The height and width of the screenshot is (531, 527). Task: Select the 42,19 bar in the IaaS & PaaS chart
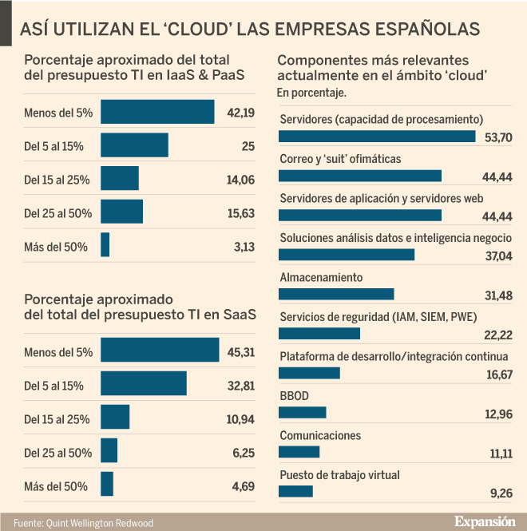click(x=157, y=112)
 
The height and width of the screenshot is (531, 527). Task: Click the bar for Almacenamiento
click(x=336, y=294)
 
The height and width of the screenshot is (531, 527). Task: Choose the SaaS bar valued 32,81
click(x=144, y=384)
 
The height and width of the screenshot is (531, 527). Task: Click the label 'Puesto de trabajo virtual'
click(x=339, y=475)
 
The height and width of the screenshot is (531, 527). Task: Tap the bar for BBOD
click(x=302, y=412)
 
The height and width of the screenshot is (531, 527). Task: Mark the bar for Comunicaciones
click(x=299, y=452)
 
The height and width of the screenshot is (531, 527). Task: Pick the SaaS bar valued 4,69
click(x=107, y=485)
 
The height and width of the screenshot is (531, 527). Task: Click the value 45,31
click(x=240, y=351)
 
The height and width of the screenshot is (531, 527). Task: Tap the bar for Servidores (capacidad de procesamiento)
click(x=377, y=137)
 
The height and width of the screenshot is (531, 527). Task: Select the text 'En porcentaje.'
click(x=311, y=93)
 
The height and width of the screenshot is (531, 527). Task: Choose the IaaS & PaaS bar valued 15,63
click(x=121, y=212)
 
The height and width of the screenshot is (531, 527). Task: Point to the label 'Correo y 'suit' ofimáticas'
click(x=340, y=159)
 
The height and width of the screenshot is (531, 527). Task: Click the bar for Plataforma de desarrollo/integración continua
click(x=309, y=373)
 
